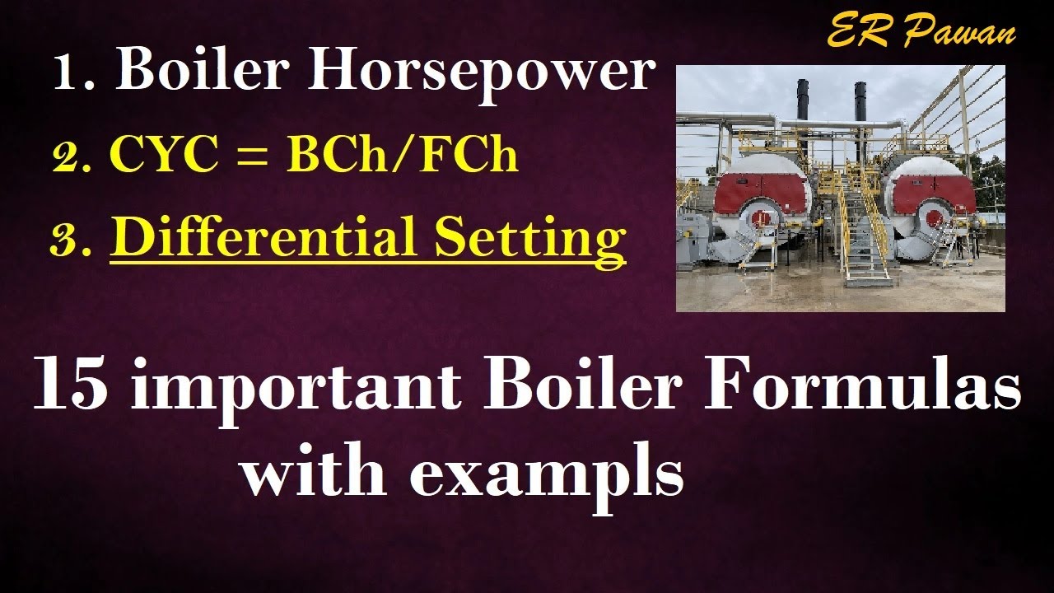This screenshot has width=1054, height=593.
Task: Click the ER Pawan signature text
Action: [x=921, y=33]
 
